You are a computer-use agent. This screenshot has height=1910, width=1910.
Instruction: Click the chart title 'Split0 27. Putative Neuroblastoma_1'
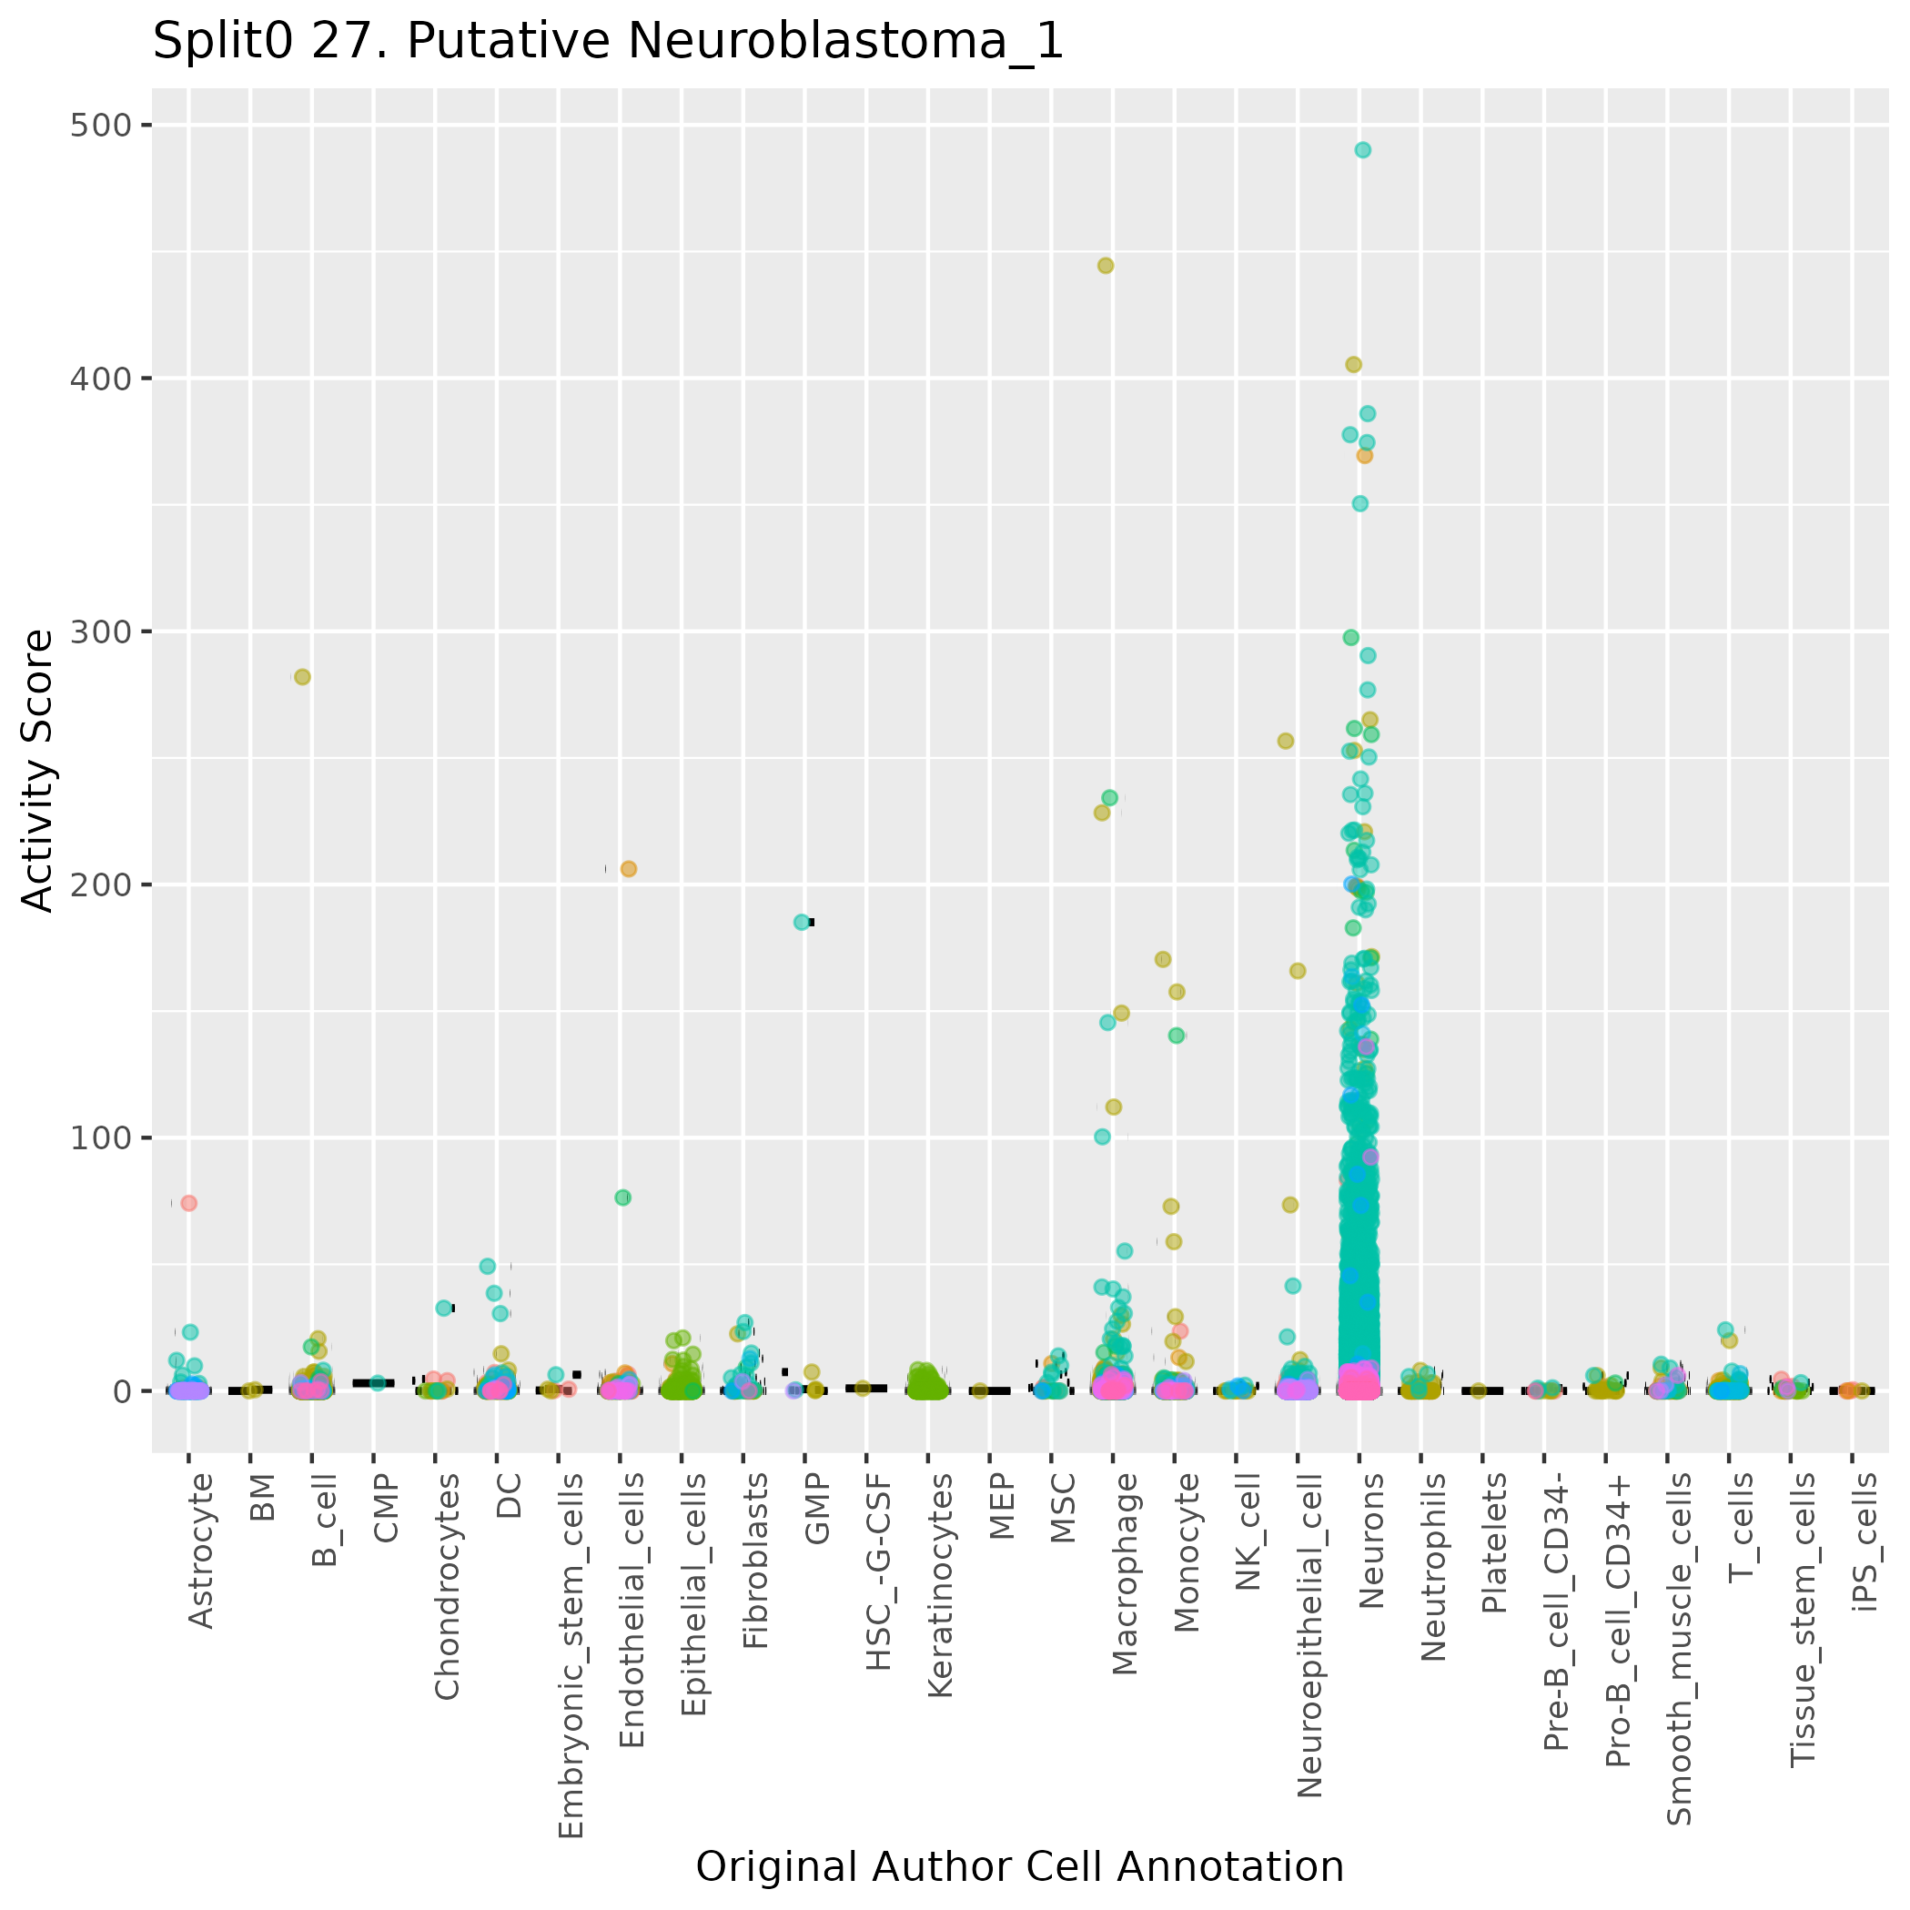coord(608,43)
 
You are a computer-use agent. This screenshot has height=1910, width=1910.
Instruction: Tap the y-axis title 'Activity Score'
coord(38,771)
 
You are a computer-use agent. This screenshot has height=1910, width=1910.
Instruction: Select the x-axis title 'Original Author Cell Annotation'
coord(1019,1866)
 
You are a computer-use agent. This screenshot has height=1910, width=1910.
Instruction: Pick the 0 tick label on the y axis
coord(123,1391)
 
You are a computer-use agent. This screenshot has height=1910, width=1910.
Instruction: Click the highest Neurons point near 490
coord(1362,150)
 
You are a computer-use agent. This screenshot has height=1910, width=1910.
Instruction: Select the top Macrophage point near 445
coord(1106,265)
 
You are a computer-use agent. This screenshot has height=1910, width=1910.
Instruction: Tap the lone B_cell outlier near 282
coord(302,677)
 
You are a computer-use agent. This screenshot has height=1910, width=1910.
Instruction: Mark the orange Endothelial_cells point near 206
coord(628,869)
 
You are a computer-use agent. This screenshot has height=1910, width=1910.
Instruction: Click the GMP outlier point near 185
coord(802,923)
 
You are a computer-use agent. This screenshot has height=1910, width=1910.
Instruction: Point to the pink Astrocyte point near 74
coord(189,1203)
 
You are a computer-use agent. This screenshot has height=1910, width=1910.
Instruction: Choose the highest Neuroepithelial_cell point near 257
coord(1285,741)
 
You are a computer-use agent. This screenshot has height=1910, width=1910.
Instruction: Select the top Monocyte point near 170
coord(1163,959)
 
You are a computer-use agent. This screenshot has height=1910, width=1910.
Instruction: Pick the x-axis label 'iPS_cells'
coord(1865,1535)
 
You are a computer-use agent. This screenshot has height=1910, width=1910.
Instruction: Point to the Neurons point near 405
coord(1353,365)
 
